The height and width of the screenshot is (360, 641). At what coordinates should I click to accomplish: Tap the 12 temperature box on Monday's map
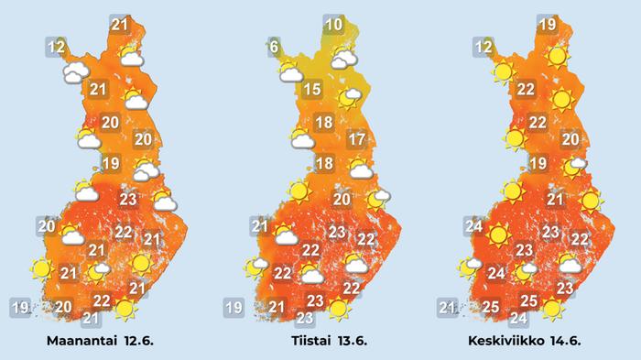coord(57,46)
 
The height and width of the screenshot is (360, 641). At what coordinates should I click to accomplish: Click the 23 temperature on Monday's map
coord(128,200)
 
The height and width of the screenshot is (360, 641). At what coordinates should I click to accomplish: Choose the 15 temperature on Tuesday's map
coord(312,89)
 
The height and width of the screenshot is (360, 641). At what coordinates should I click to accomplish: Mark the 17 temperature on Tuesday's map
coord(357,140)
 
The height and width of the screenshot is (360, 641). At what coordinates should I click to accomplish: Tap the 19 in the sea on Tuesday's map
coord(234,307)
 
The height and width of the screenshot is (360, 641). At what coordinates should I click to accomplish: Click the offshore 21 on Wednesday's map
coord(448,307)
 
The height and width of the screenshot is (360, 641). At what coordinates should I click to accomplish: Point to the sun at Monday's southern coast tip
coord(125,311)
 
